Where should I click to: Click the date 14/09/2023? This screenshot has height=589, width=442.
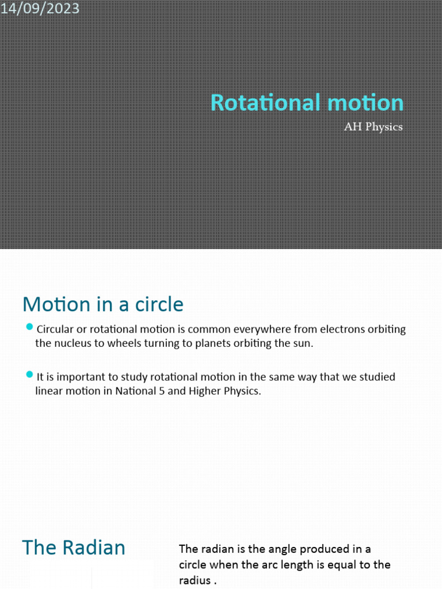[x=40, y=9]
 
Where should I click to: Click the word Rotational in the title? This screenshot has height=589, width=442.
[x=257, y=103]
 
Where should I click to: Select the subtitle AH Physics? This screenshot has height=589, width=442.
[x=373, y=127]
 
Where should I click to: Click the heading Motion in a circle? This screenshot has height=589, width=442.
[x=102, y=304]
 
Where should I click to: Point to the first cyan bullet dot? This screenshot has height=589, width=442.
[x=30, y=328]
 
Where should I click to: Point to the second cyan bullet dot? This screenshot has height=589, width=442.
[x=30, y=375]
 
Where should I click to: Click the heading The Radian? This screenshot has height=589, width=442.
[x=74, y=548]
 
